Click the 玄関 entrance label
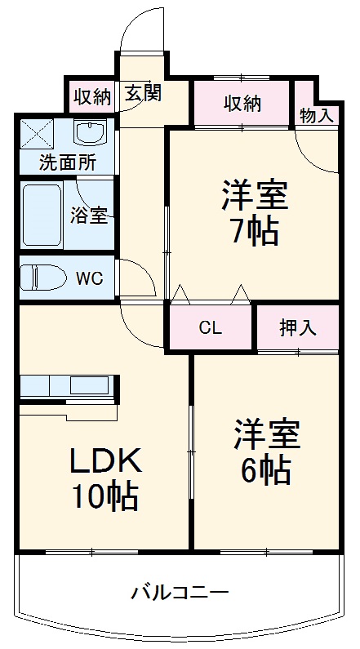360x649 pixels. click(143, 94)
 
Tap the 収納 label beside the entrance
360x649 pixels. click(91, 97)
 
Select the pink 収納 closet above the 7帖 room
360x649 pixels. click(242, 104)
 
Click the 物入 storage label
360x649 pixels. click(316, 115)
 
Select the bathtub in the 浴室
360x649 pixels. click(42, 215)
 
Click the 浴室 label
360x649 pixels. click(89, 216)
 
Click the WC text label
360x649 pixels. click(89, 278)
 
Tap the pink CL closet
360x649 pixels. click(211, 328)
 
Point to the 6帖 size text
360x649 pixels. click(266, 468)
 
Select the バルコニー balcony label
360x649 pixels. click(180, 592)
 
